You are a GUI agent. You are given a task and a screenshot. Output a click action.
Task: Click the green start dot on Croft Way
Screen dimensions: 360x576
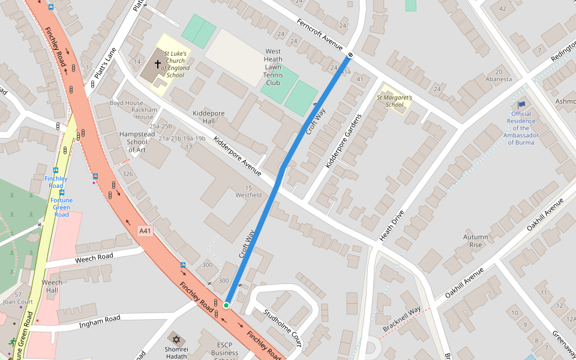tap(226, 305)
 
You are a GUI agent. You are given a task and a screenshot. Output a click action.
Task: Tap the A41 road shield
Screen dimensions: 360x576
tap(145, 230)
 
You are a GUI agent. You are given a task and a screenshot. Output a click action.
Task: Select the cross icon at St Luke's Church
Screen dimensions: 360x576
tap(158, 63)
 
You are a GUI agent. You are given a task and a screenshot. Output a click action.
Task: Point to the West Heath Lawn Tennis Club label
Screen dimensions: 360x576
tap(273, 67)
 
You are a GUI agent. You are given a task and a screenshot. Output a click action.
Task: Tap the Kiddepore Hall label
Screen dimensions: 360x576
tap(203, 117)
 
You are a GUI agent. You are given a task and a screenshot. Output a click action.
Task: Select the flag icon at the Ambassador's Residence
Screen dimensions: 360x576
tap(521, 105)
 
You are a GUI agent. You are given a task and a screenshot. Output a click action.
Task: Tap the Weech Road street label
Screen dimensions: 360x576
tap(94, 258)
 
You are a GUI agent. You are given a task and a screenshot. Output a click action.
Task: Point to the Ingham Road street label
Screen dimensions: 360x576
tap(100, 322)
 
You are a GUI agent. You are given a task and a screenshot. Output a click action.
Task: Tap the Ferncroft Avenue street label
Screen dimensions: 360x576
tap(320, 34)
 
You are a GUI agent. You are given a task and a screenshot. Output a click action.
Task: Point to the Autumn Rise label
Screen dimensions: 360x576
tap(475, 241)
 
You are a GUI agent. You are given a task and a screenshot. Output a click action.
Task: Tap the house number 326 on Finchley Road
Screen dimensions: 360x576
tap(127, 174)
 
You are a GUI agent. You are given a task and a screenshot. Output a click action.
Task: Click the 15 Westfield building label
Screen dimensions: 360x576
tap(248, 191)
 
